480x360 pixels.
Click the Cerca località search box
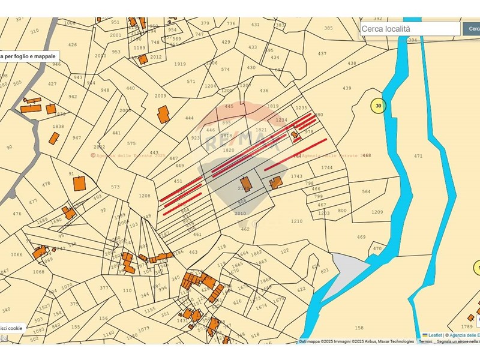tap(410, 28)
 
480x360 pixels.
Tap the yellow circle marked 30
tap(378, 106)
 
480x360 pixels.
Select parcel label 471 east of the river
tap(418, 156)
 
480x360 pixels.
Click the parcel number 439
tap(347, 88)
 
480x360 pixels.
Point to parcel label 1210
tap(296, 221)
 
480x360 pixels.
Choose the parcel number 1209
tap(377, 212)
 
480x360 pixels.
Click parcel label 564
tap(366, 192)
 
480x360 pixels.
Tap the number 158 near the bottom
tap(359, 328)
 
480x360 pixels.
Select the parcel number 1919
tap(180, 64)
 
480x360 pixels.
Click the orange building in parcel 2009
tap(163, 114)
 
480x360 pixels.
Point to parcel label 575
tap(131, 143)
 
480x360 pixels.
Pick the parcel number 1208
tap(144, 196)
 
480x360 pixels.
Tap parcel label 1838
tap(58, 127)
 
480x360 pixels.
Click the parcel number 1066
tap(16, 255)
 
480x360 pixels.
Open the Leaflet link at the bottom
tap(434, 335)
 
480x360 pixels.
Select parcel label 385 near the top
tap(328, 28)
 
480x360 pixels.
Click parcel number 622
tap(301, 289)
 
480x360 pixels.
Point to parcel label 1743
tap(296, 176)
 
